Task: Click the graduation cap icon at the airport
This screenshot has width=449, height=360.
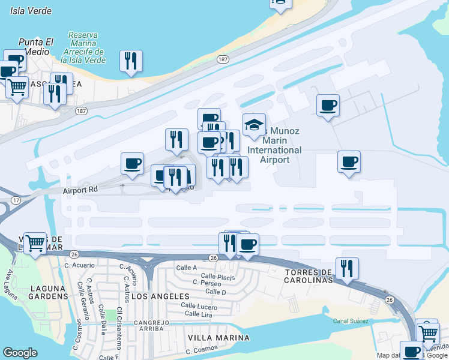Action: [254, 125]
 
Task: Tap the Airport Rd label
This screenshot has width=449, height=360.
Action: [80, 190]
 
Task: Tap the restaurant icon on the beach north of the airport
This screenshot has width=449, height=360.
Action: [130, 61]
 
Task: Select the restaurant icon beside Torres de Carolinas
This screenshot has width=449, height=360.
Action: [347, 268]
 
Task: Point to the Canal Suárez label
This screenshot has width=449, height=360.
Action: [351, 321]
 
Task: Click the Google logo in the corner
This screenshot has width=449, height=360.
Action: [20, 353]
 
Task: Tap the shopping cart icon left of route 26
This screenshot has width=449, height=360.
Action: [35, 242]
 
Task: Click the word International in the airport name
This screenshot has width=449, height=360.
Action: [274, 150]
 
